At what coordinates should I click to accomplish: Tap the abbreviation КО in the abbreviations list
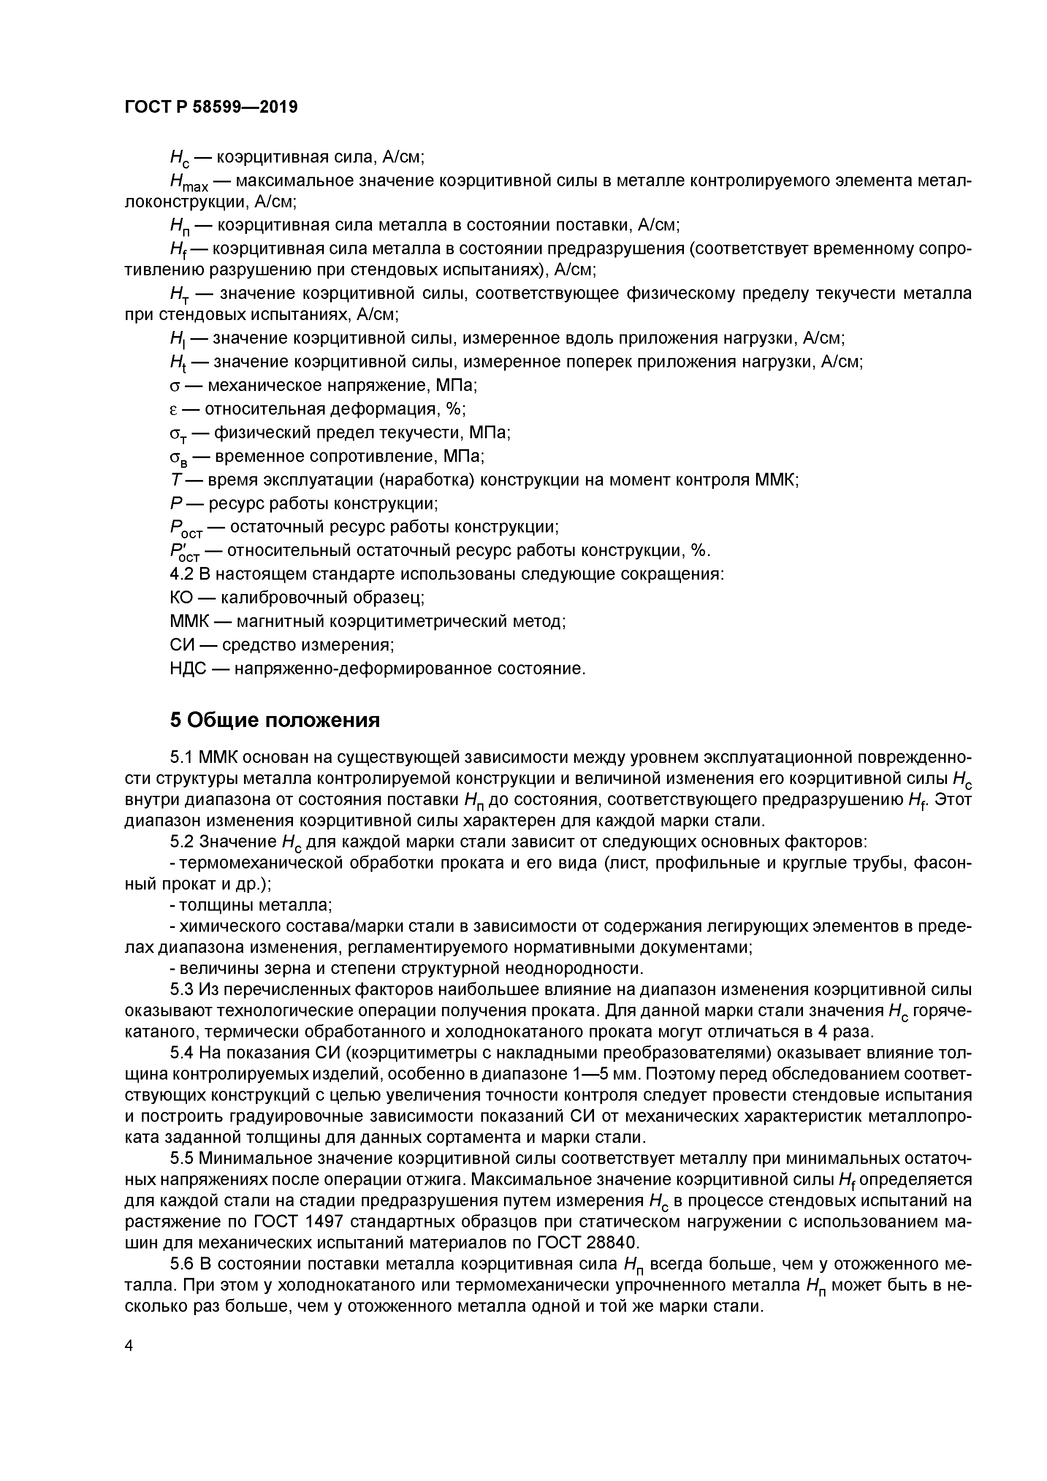[x=182, y=597]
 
